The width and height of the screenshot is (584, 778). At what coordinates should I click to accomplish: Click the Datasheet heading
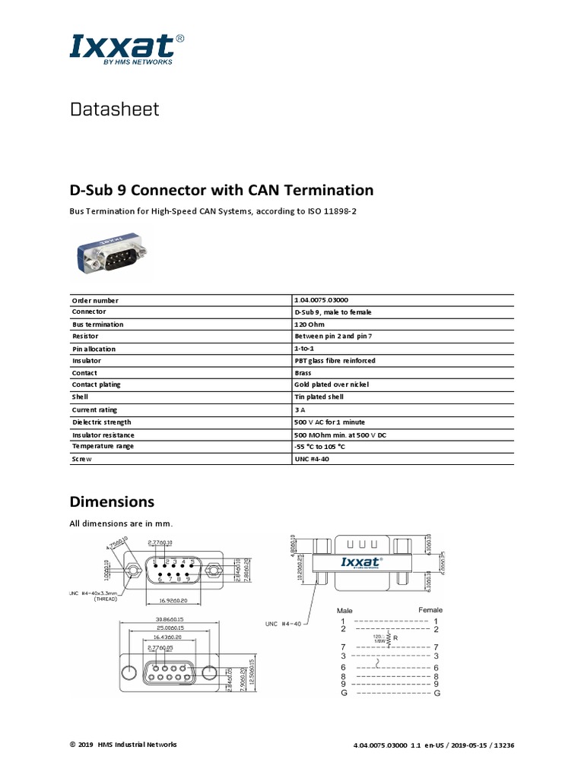(x=115, y=109)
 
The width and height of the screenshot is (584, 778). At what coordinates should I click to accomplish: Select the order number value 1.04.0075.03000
(x=322, y=301)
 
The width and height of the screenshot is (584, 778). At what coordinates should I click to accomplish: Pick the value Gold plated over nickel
(x=332, y=384)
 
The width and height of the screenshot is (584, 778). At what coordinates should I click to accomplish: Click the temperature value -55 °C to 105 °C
(x=325, y=446)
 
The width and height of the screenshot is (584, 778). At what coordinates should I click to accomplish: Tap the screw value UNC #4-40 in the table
(x=313, y=459)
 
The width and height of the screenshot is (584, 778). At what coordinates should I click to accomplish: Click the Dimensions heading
(x=112, y=502)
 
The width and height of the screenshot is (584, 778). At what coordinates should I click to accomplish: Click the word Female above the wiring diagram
(x=430, y=610)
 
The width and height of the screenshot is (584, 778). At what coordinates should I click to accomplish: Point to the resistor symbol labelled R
(x=389, y=640)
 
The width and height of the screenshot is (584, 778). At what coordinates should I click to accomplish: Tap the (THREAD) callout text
(x=106, y=599)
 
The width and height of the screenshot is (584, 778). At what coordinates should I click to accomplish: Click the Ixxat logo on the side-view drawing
(x=361, y=563)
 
